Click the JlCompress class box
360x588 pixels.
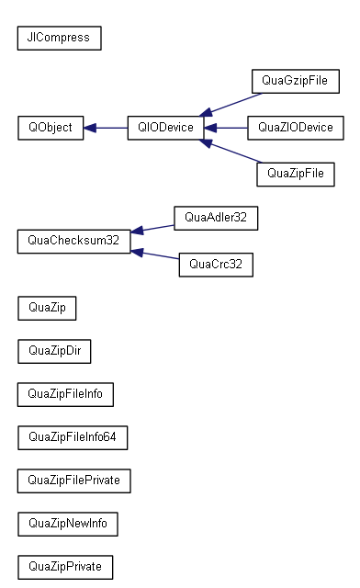59,38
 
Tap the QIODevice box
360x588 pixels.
165,128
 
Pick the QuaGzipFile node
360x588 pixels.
295,82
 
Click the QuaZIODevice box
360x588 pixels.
295,128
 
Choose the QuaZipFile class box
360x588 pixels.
295,173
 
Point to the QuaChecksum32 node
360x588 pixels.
73,242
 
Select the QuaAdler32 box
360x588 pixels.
215,218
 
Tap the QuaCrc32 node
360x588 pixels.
215,265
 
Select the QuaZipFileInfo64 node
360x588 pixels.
73,437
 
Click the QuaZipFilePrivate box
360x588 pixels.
74,481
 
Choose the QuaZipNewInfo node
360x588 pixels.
68,524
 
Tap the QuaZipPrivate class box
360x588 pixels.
65,567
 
